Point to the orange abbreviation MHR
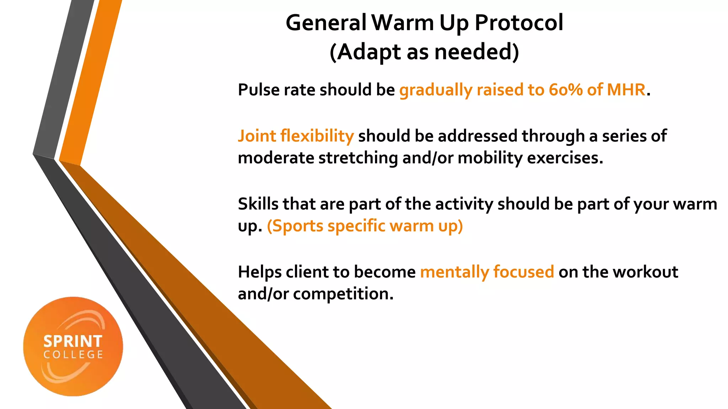626,90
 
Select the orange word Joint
257,136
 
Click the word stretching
358,158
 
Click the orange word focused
523,272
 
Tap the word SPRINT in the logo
73,342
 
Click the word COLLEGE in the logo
73,355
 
